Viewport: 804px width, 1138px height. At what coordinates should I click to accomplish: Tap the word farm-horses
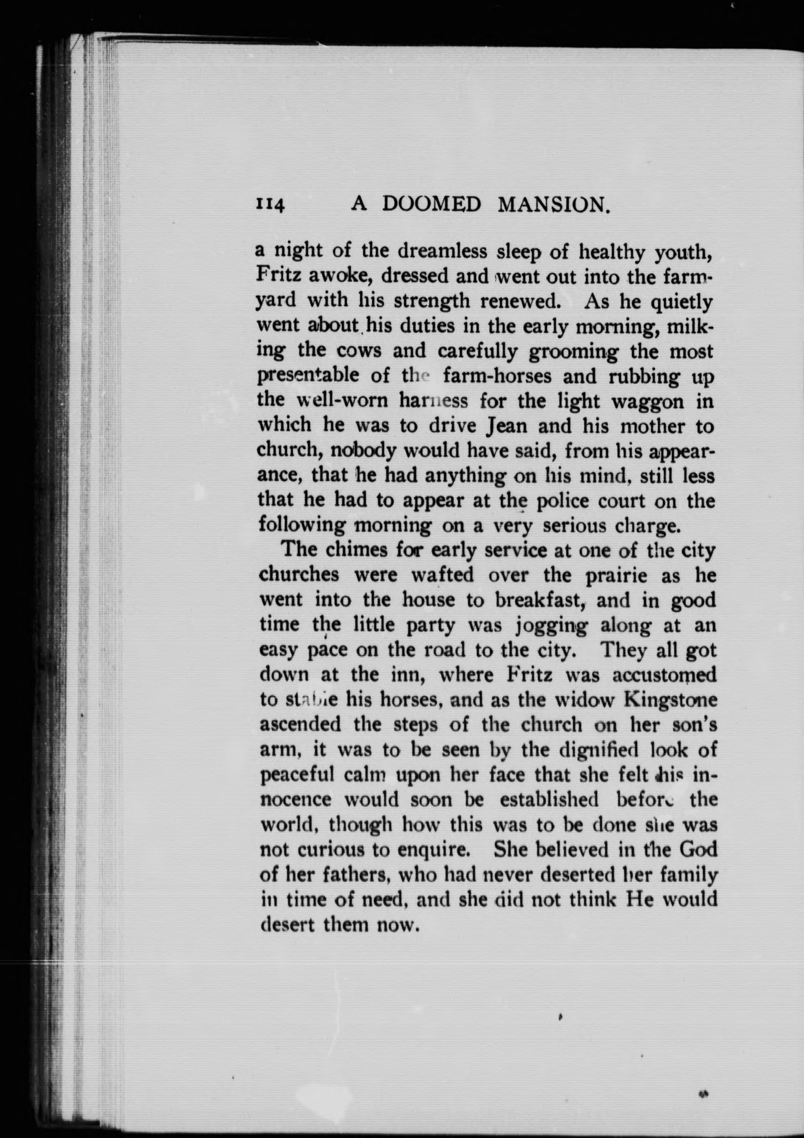(497, 376)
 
